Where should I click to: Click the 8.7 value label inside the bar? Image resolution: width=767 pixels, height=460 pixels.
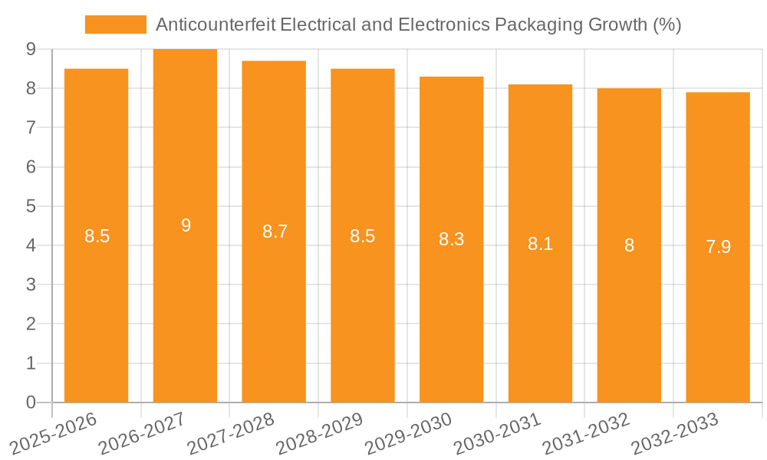tap(275, 232)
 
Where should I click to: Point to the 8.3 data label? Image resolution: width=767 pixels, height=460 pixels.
tap(451, 239)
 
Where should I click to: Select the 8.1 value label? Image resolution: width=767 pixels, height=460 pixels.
tap(540, 244)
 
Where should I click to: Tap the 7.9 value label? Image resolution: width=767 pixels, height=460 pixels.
tap(718, 247)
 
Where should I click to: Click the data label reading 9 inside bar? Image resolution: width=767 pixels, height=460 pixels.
tap(186, 225)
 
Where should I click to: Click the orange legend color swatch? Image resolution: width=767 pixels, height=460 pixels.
tap(115, 25)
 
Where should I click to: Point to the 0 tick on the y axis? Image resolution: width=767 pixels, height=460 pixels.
tap(31, 402)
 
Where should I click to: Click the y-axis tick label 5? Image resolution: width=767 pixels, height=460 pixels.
tap(31, 206)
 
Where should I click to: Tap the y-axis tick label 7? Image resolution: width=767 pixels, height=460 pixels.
tap(31, 127)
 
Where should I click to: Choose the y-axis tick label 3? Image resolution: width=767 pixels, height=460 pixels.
tap(31, 284)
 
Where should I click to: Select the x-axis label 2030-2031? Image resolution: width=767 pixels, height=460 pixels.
tap(498, 434)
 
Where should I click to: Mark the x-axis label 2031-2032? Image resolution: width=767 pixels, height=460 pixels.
tap(587, 434)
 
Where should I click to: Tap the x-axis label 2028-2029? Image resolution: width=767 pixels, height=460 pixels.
tap(320, 434)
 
